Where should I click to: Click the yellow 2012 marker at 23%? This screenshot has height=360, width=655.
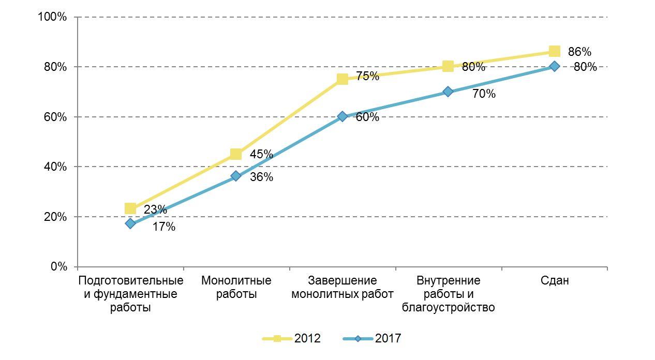tap(130, 208)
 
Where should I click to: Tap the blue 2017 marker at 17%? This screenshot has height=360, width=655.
tap(130, 223)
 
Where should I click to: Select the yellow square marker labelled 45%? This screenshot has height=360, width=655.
tap(236, 154)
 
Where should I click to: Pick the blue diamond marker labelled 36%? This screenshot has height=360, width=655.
tap(236, 176)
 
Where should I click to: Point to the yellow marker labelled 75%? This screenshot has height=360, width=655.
tap(342, 79)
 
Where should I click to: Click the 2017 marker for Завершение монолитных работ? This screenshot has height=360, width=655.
tap(342, 116)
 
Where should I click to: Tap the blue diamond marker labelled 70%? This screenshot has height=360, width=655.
tap(448, 92)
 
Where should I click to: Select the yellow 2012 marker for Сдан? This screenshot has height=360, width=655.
tap(554, 51)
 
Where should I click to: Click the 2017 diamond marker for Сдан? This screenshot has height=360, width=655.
tap(554, 66)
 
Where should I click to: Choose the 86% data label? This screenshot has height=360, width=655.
tap(579, 52)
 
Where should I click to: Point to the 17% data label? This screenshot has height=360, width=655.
tap(163, 227)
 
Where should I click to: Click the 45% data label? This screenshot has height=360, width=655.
tap(261, 154)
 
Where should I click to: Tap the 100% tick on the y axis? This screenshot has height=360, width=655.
tap(53, 17)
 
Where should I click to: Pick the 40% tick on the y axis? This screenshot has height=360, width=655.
tap(55, 167)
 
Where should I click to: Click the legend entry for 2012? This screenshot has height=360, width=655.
tap(292, 339)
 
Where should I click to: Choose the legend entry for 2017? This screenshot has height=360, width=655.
tap(373, 339)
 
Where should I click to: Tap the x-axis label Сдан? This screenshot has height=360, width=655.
tap(555, 281)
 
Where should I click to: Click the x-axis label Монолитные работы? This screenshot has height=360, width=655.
tap(236, 288)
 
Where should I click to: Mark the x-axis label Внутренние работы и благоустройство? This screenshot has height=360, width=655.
tap(448, 294)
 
